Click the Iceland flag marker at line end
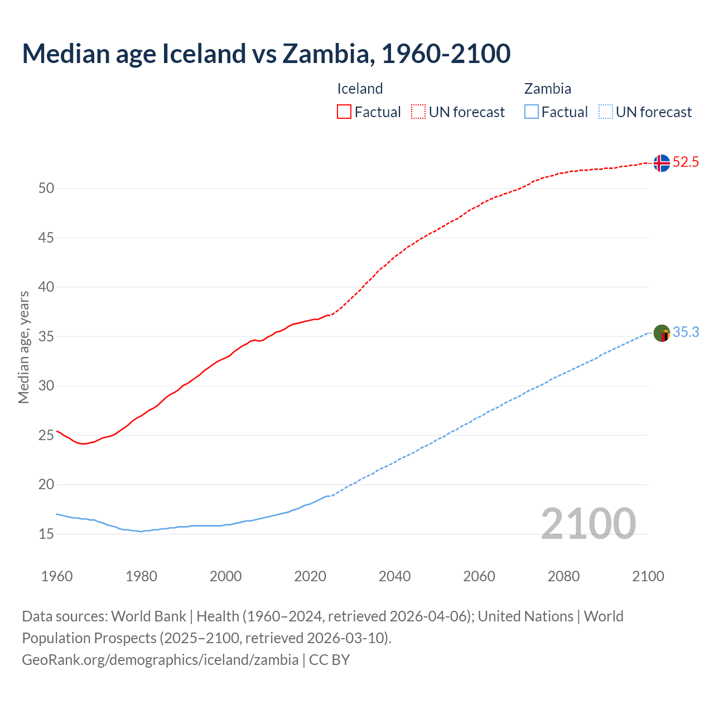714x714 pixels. click(x=662, y=163)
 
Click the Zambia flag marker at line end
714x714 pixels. click(x=662, y=334)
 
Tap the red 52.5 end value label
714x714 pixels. click(x=686, y=162)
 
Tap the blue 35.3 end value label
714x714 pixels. click(x=686, y=332)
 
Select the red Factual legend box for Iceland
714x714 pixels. click(x=344, y=112)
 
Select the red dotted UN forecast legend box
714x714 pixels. click(x=418, y=112)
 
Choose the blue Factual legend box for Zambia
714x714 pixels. click(x=531, y=112)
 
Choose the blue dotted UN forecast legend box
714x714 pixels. click(x=605, y=112)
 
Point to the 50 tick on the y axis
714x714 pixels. click(x=46, y=189)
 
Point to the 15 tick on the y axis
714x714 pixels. click(x=46, y=534)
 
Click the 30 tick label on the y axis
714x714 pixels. click(x=46, y=386)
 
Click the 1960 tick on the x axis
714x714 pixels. click(x=57, y=576)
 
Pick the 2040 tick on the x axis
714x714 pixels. click(x=394, y=576)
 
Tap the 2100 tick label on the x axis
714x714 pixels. click(x=648, y=576)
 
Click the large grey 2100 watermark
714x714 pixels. click(x=588, y=524)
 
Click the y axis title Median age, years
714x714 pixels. click(x=23, y=347)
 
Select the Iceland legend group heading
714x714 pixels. click(x=360, y=89)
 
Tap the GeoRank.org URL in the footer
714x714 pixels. click(x=160, y=660)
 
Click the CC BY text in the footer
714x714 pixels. click(x=329, y=660)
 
